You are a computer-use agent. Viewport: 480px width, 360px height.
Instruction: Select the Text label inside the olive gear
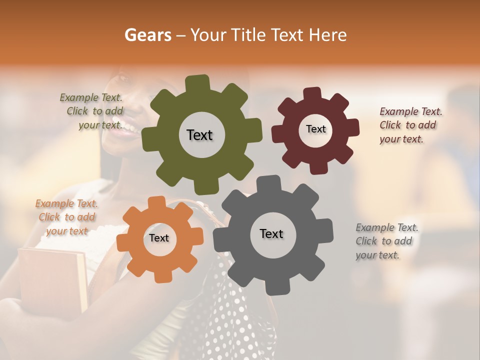(199, 135)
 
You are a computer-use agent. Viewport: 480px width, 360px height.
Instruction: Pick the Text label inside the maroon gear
(315, 129)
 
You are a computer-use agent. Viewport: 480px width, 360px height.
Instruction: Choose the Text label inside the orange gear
(159, 238)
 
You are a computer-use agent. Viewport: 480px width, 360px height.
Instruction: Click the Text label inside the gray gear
(271, 233)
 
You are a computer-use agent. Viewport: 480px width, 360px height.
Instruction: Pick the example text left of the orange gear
(66, 217)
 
